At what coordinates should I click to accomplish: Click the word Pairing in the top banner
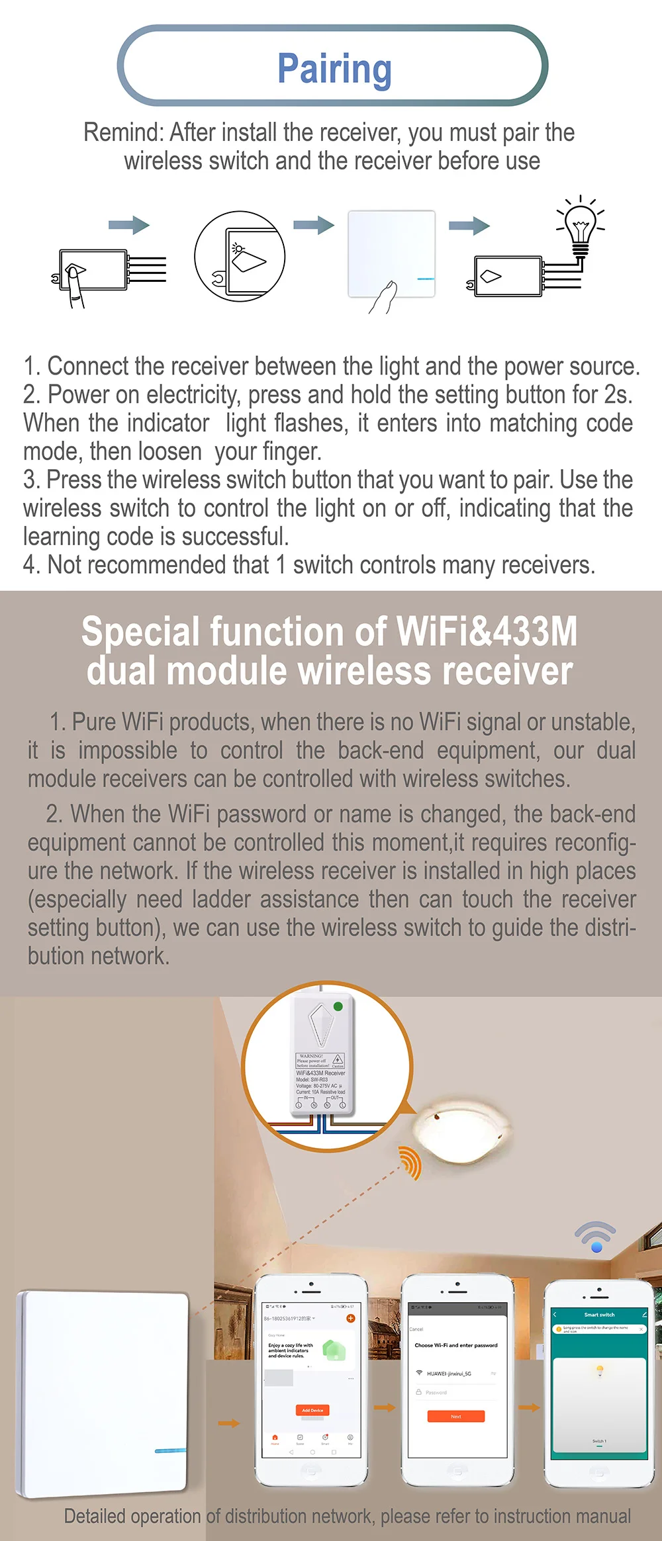334,68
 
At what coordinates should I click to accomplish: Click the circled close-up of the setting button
240,257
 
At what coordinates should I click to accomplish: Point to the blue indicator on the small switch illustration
426,279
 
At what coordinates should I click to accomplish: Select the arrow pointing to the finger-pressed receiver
129,225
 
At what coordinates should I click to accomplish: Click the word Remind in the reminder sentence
122,133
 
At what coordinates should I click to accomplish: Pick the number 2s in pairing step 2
615,395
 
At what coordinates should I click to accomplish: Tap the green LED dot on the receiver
338,1006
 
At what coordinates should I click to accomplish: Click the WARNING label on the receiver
311,1056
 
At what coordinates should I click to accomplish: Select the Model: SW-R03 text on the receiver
312,1079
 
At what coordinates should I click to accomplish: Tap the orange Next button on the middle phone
456,1417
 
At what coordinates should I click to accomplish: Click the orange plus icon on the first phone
351,1318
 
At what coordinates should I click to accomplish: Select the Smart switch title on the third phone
599,1315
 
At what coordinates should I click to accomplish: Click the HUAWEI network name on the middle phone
449,1374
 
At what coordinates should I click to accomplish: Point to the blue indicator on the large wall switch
171,1450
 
